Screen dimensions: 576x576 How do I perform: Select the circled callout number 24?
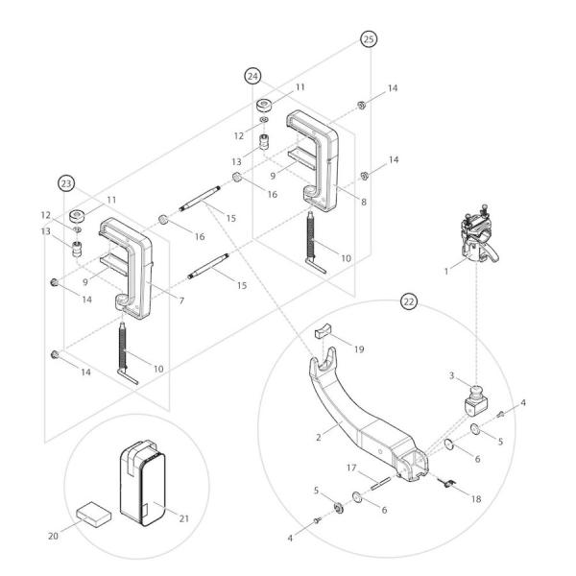(x=253, y=75)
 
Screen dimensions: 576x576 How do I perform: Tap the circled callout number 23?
(x=67, y=183)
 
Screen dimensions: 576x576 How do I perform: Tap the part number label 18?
(x=474, y=498)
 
